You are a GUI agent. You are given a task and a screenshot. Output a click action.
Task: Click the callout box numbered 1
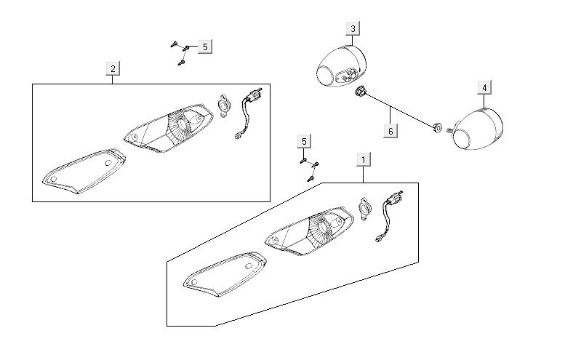(364, 160)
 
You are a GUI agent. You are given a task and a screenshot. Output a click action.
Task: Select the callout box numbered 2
(113, 68)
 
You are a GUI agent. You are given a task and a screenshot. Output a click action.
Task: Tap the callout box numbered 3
(353, 28)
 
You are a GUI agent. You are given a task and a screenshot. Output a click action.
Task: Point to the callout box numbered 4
(484, 88)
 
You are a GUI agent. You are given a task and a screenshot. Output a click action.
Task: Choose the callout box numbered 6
(390, 131)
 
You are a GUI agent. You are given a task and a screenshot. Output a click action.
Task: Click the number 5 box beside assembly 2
(205, 47)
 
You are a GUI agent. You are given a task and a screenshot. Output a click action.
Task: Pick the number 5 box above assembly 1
(305, 141)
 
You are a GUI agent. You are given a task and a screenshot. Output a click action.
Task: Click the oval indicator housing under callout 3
(341, 66)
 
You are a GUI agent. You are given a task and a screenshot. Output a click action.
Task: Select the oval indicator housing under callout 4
(478, 129)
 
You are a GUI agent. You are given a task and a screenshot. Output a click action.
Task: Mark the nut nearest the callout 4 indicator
(437, 127)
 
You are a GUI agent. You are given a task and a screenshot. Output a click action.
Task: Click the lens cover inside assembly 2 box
(84, 171)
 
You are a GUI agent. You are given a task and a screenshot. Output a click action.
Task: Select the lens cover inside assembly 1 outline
(225, 274)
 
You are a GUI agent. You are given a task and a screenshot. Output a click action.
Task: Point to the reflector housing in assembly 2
(169, 128)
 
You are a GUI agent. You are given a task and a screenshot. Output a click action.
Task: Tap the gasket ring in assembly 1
(364, 209)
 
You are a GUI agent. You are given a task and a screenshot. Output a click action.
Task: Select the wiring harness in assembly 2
(249, 113)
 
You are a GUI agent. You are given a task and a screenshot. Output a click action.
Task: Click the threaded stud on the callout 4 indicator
(449, 129)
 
